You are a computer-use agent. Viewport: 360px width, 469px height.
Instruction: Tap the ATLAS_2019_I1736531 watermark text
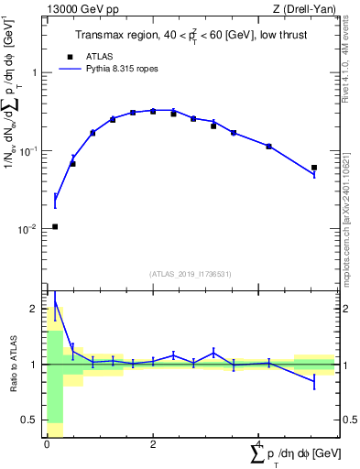(x=191, y=274)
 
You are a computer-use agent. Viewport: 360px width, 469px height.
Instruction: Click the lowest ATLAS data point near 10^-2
(x=55, y=226)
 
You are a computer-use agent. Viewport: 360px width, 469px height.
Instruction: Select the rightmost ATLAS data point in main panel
(x=314, y=168)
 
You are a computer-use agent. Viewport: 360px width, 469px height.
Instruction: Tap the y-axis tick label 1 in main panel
(x=38, y=72)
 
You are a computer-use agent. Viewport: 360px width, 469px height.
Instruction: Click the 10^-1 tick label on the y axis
(x=33, y=150)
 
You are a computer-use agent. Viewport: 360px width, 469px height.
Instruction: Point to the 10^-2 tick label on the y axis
(x=33, y=229)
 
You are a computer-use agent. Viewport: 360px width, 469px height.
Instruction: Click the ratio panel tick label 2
(x=38, y=309)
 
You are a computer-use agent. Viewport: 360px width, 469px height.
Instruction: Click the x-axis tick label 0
(x=47, y=443)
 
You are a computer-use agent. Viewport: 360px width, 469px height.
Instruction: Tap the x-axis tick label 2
(x=153, y=443)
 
